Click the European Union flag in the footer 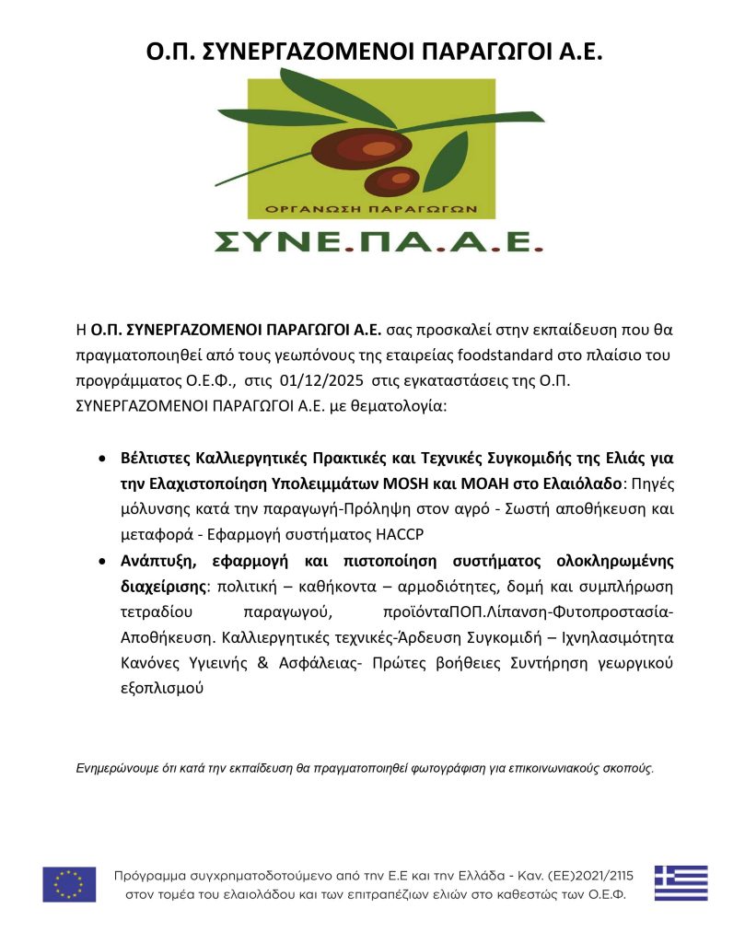(69, 884)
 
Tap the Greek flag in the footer (681, 883)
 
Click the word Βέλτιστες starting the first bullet (161, 458)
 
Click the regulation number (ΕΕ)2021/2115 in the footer (601, 874)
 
